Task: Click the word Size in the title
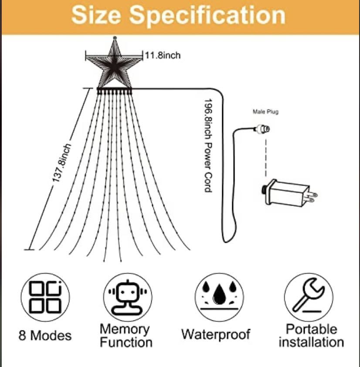pos(96,15)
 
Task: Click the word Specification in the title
pos(207,15)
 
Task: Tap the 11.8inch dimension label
pos(163,55)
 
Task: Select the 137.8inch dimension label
pos(61,163)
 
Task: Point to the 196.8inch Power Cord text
pos(208,145)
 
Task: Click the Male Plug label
pos(266,112)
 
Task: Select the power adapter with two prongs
pos(289,193)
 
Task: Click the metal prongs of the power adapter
pos(313,197)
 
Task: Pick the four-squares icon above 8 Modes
pos(45,297)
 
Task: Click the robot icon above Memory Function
pos(128,297)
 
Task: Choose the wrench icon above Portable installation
pos(309,296)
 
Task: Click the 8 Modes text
pos(45,336)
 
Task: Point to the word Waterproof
pos(216,334)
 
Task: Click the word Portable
pos(312,329)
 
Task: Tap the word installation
pos(311,342)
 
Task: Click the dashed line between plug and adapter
pos(266,157)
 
